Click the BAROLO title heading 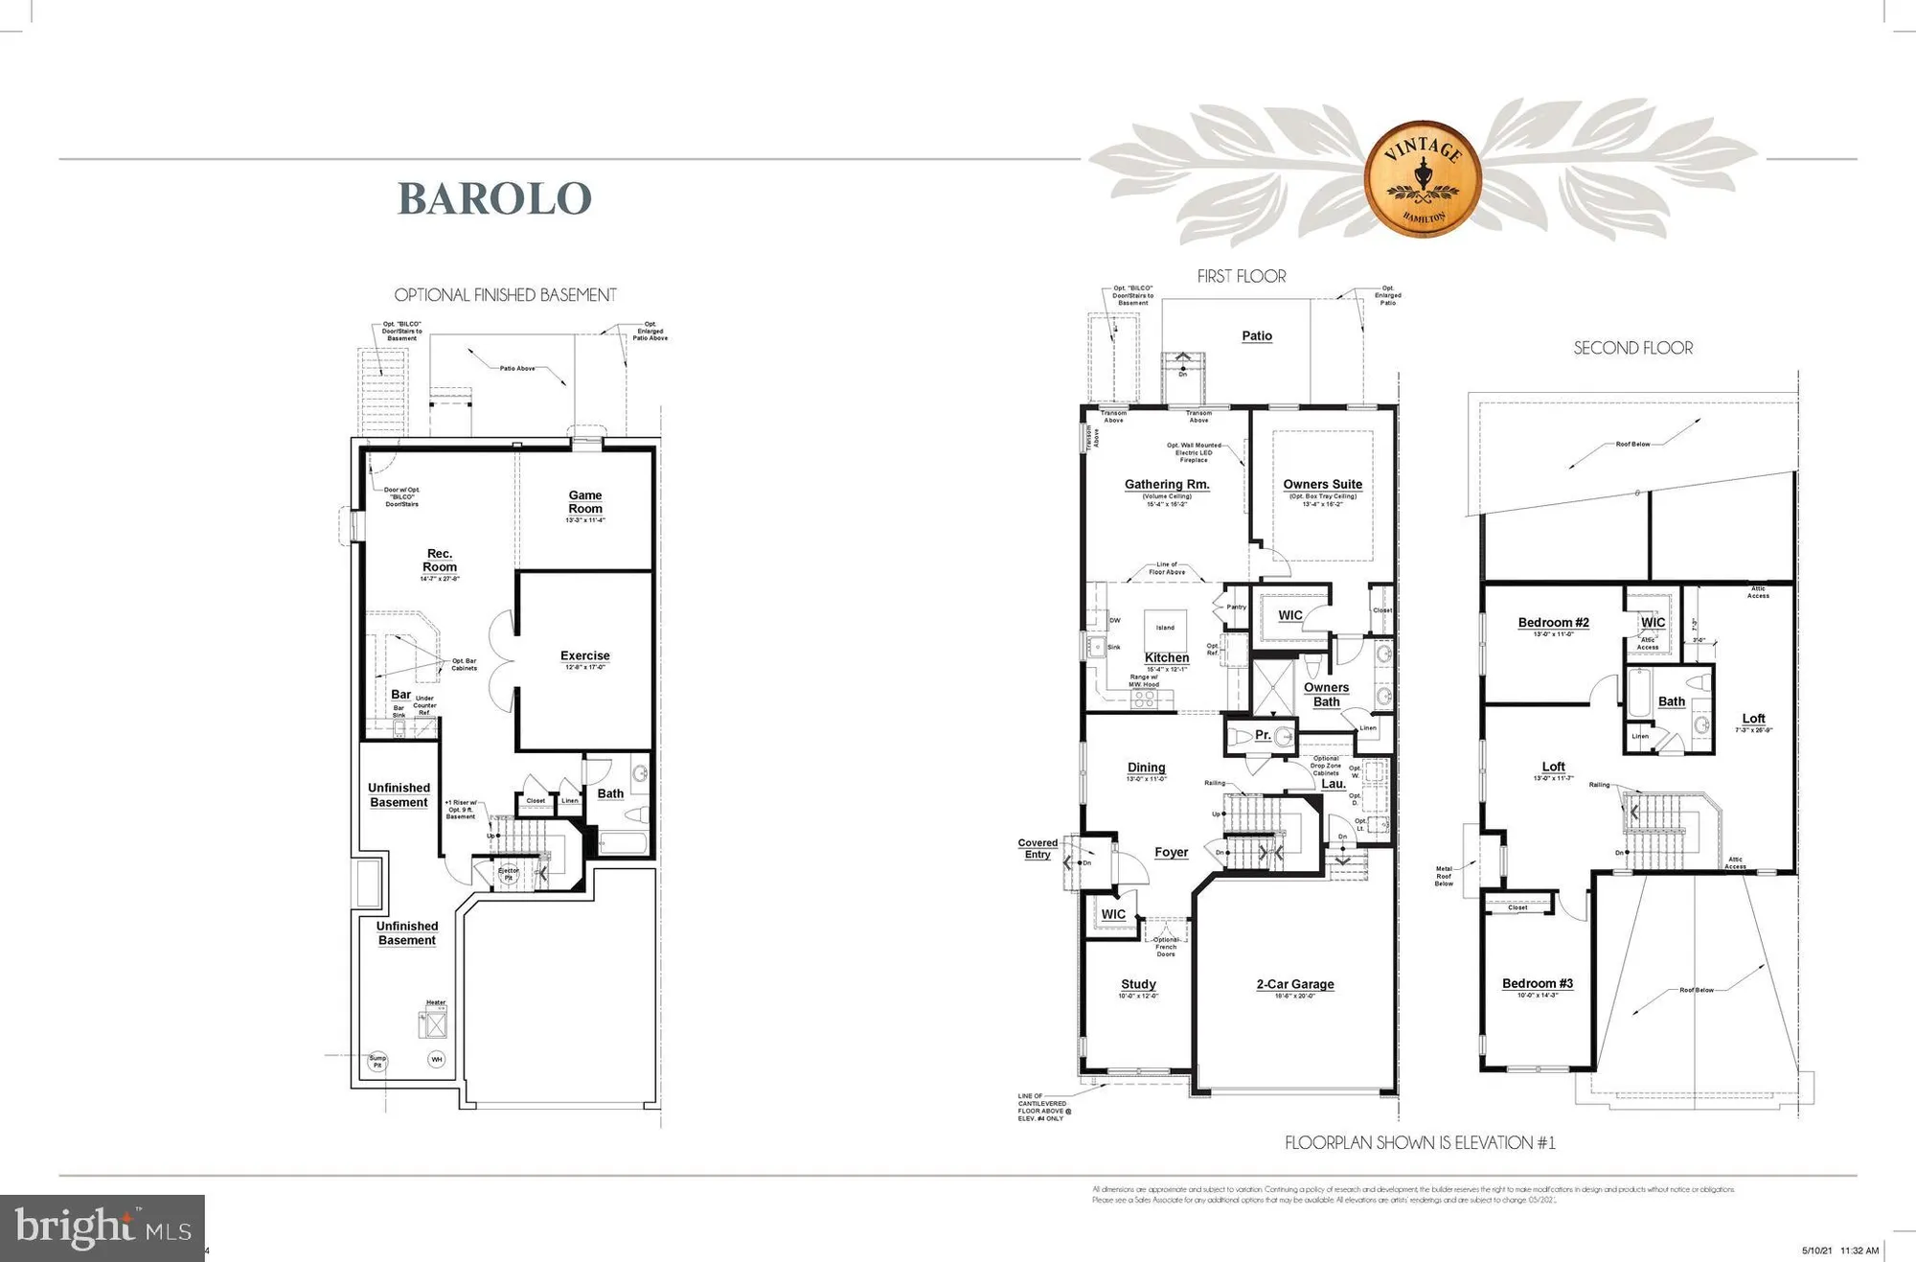494,198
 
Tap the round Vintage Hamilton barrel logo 1423,178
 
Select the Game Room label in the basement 585,502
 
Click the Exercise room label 584,656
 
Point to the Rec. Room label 440,561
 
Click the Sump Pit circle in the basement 377,1061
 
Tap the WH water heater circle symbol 436,1059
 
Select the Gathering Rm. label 1167,485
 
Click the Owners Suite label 1322,485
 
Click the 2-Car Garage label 1295,984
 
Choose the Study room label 1138,984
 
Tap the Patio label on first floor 1257,336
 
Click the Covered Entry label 1038,849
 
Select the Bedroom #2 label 1553,623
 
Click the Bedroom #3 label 1538,984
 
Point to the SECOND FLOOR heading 1632,349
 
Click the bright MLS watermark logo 103,1228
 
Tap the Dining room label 1146,768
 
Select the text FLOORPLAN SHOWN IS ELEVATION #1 1420,1143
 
